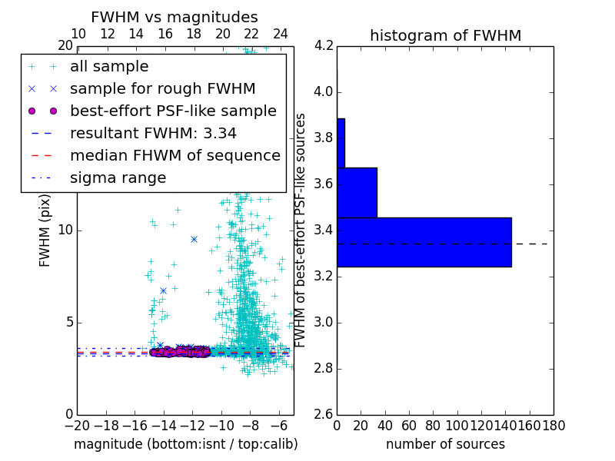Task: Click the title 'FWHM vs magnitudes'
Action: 175,17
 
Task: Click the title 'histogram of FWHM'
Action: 445,35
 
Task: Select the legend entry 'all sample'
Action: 109,67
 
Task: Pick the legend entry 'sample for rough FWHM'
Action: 162,88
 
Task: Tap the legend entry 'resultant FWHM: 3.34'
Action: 153,133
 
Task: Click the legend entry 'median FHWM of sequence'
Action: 175,155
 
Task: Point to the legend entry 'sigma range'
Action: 118,177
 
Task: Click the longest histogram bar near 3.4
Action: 424,242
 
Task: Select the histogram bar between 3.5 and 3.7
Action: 357,192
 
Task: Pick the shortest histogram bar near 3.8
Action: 341,143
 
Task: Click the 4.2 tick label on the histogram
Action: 324,46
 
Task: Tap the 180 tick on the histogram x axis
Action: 553,425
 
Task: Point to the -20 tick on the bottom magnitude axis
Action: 77,425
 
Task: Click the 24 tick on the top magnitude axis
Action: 281,34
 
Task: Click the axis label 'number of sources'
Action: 445,444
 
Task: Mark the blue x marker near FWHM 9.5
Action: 194,239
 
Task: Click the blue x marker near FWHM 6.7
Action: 163,290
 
